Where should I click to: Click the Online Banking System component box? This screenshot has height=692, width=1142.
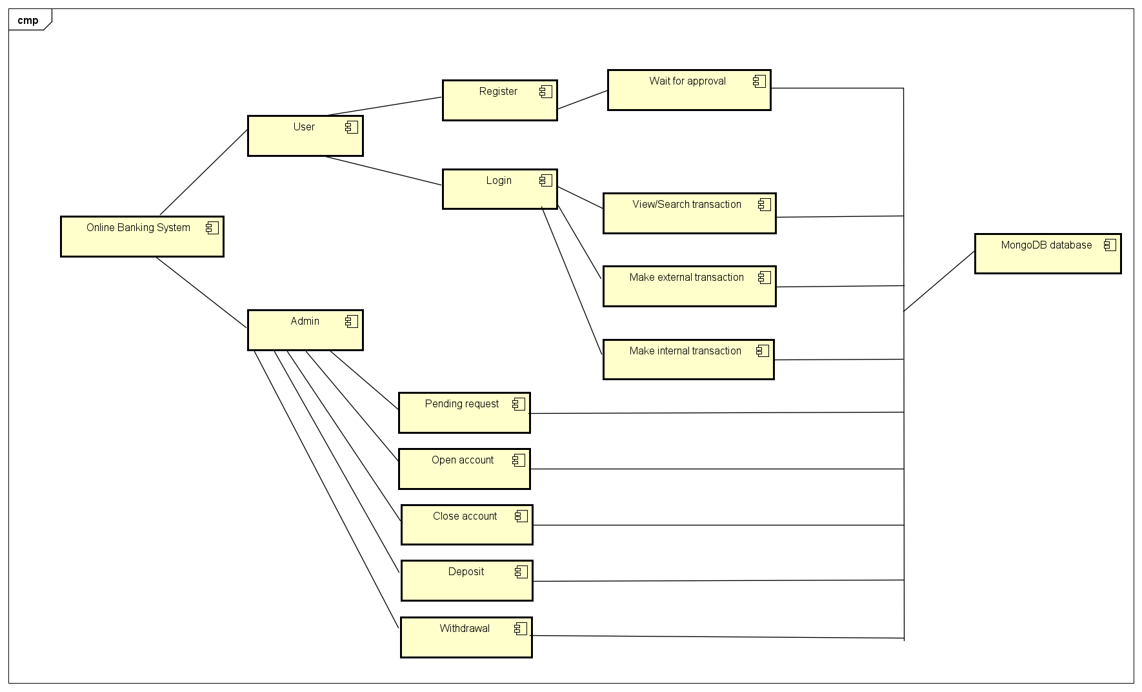tap(142, 237)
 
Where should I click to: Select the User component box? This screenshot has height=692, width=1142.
tap(305, 136)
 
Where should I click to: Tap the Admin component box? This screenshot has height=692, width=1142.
tap(305, 331)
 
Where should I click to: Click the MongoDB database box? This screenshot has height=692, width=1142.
tap(1047, 254)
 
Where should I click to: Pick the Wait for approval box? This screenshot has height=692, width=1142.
tap(688, 90)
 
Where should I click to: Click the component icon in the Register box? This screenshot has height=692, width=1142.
tap(546, 92)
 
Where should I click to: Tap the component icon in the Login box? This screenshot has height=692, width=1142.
tap(546, 181)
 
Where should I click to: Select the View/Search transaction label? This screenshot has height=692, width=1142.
tap(686, 205)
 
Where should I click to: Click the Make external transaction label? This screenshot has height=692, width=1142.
tap(686, 278)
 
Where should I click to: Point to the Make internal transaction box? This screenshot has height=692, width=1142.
tap(688, 360)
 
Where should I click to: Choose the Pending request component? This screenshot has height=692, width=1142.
tap(464, 413)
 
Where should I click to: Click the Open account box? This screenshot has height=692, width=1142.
tap(464, 469)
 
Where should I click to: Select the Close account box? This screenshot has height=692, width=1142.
tap(466, 525)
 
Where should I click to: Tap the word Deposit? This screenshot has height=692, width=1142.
tap(466, 572)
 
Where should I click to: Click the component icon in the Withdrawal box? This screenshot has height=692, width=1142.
tap(521, 629)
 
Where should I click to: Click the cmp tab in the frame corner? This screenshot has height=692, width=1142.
tap(28, 20)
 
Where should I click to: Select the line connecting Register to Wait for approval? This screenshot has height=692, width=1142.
tap(582, 100)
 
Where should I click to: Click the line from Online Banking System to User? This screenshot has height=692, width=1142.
tap(204, 172)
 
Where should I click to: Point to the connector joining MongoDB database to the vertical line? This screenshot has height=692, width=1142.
tap(939, 281)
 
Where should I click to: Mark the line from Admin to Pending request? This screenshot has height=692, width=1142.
tap(365, 380)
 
